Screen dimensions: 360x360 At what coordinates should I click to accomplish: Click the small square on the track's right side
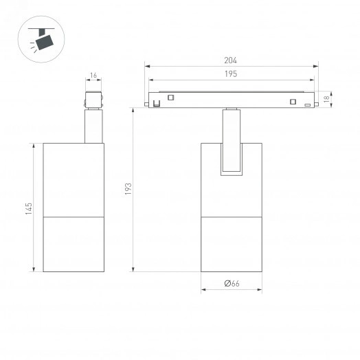pos(292,103)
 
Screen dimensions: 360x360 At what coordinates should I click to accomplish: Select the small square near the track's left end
pos(170,97)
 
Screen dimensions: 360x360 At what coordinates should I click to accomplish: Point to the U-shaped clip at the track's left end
pos(157,104)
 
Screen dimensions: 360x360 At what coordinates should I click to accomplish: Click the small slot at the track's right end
pos(304,97)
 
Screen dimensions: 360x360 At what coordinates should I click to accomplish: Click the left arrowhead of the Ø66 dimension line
pos(203,289)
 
